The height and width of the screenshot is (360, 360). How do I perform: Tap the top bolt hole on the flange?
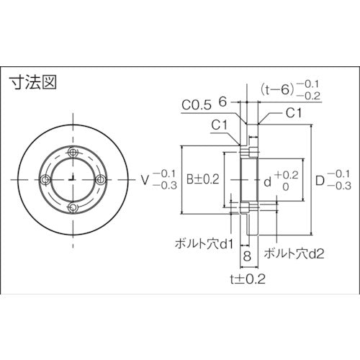(73, 153)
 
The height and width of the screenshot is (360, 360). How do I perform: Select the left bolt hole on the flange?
(45, 179)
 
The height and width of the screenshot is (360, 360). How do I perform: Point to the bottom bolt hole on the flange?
(73, 207)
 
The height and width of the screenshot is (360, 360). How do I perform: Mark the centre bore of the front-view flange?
(73, 180)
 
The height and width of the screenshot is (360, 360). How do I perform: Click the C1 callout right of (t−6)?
(293, 113)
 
